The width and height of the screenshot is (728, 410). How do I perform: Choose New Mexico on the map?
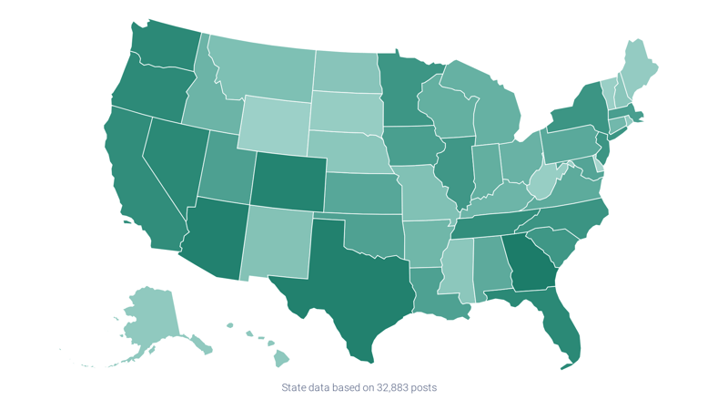[x=278, y=241]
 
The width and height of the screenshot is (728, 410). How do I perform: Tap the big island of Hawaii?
[x=281, y=359]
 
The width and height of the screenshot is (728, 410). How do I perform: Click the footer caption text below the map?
[x=359, y=388]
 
